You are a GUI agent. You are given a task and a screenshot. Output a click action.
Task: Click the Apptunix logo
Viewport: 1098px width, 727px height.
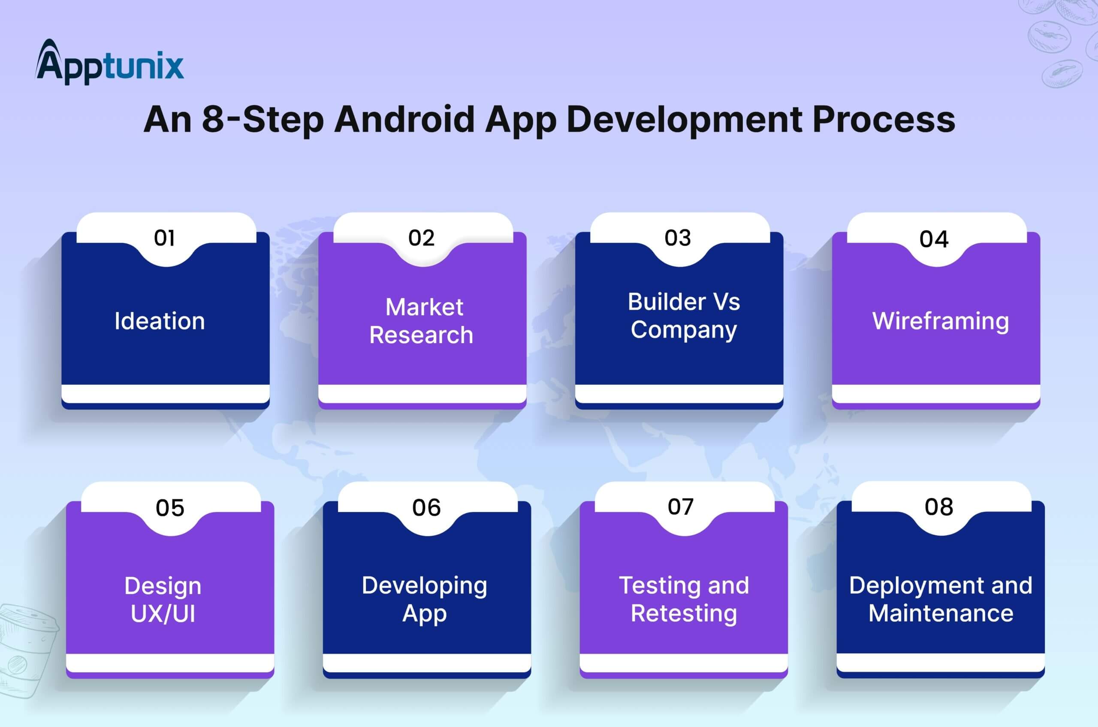pyautogui.click(x=109, y=62)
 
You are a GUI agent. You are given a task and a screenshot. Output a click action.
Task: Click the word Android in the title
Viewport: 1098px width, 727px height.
pyautogui.click(x=404, y=119)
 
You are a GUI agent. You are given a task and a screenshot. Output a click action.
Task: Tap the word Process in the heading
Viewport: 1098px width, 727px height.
pyautogui.click(x=884, y=119)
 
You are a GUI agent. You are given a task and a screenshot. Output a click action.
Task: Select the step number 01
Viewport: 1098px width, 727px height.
pyautogui.click(x=165, y=238)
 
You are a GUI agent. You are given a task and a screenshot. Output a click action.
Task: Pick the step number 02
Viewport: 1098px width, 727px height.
pyautogui.click(x=422, y=238)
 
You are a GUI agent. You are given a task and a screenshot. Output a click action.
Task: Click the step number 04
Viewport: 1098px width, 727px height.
pyautogui.click(x=934, y=239)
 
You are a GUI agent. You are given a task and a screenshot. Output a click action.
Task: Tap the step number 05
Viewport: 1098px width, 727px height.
pyautogui.click(x=170, y=508)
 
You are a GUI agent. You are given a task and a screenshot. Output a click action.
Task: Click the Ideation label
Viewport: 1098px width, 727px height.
pyautogui.click(x=160, y=321)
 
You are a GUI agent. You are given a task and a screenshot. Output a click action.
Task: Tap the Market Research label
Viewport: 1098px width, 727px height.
pyautogui.click(x=422, y=321)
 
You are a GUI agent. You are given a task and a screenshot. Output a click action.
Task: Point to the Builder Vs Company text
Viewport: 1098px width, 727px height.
pyautogui.click(x=684, y=316)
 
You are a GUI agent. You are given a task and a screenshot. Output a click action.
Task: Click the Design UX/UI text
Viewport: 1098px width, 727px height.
pyautogui.click(x=163, y=600)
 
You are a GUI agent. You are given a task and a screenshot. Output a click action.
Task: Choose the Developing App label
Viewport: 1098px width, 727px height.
pyautogui.click(x=425, y=600)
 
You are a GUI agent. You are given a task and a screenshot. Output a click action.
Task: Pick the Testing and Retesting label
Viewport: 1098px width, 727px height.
pyautogui.click(x=684, y=600)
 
